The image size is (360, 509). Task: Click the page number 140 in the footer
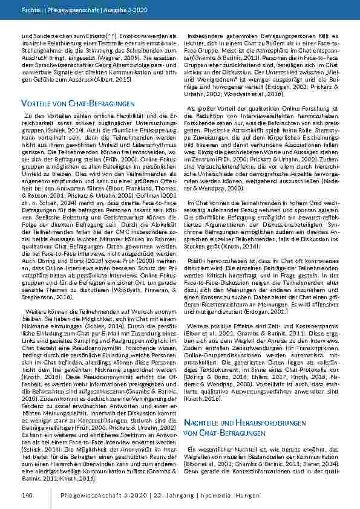tap(26, 495)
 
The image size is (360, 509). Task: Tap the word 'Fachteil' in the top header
tap(32, 10)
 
